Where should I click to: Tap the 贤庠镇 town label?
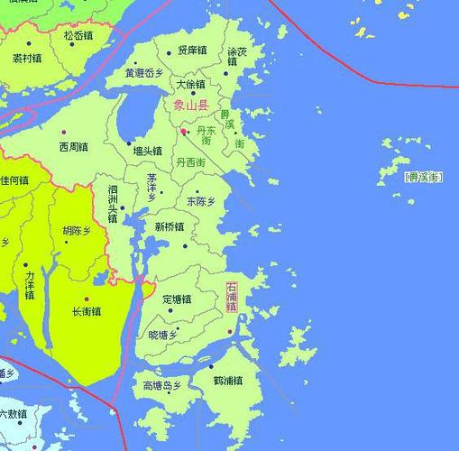[192, 51]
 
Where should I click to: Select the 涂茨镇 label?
[237, 57]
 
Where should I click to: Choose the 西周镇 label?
[73, 146]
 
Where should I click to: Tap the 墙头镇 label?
[147, 152]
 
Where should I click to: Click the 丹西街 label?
[191, 162]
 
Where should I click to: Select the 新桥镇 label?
[170, 226]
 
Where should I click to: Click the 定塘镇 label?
[177, 299]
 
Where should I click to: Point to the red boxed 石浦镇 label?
[232, 297]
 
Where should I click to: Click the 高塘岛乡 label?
[162, 386]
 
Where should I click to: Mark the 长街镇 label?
[87, 311]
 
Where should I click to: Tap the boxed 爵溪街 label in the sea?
[424, 178]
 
